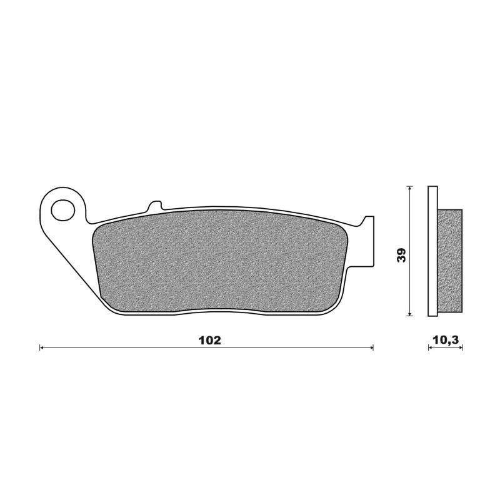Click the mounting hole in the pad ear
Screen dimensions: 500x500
pos(63,210)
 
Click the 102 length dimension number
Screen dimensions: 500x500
pos(209,340)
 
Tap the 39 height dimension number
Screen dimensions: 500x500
pos(401,255)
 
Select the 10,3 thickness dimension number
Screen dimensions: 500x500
pos(446,340)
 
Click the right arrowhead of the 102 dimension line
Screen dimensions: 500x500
pos(371,347)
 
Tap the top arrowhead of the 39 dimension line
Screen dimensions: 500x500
pos(410,188)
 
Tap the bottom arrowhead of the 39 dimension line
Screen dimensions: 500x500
pos(410,314)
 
